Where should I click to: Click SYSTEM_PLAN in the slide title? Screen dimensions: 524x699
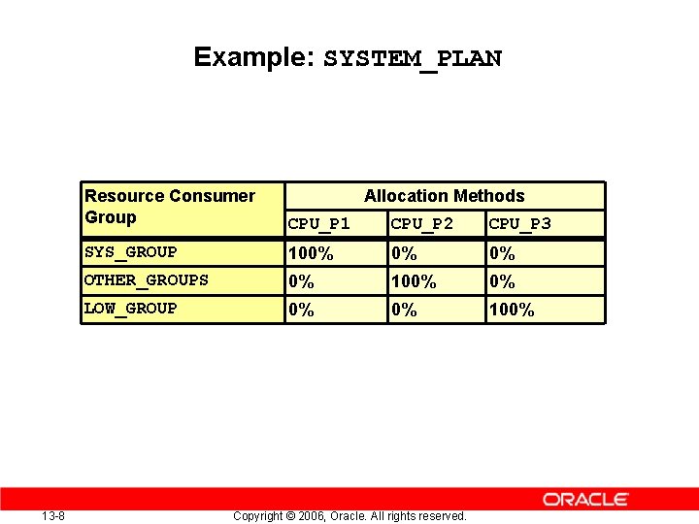(413, 58)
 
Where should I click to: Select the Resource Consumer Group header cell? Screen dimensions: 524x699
(170, 207)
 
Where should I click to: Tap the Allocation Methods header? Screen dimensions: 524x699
(444, 196)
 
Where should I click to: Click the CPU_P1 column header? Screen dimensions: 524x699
(319, 224)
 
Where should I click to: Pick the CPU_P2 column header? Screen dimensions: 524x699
(421, 224)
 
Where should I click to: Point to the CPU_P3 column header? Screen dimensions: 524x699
(519, 224)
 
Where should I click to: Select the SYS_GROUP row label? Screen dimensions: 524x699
(131, 252)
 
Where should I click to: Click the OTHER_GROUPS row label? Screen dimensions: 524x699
(147, 280)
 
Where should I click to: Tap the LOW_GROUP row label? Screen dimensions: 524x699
(131, 309)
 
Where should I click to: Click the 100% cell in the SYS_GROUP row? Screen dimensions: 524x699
(311, 254)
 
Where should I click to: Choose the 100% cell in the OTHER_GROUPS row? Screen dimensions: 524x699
(413, 282)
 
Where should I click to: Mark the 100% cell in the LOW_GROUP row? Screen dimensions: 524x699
(512, 311)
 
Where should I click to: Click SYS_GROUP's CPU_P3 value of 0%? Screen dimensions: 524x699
(502, 254)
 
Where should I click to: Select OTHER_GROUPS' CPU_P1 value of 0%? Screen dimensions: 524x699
(301, 282)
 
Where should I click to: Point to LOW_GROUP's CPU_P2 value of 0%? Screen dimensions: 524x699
(403, 311)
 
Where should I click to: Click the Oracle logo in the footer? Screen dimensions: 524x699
(585, 500)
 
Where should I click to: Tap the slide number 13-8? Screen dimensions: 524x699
(53, 515)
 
